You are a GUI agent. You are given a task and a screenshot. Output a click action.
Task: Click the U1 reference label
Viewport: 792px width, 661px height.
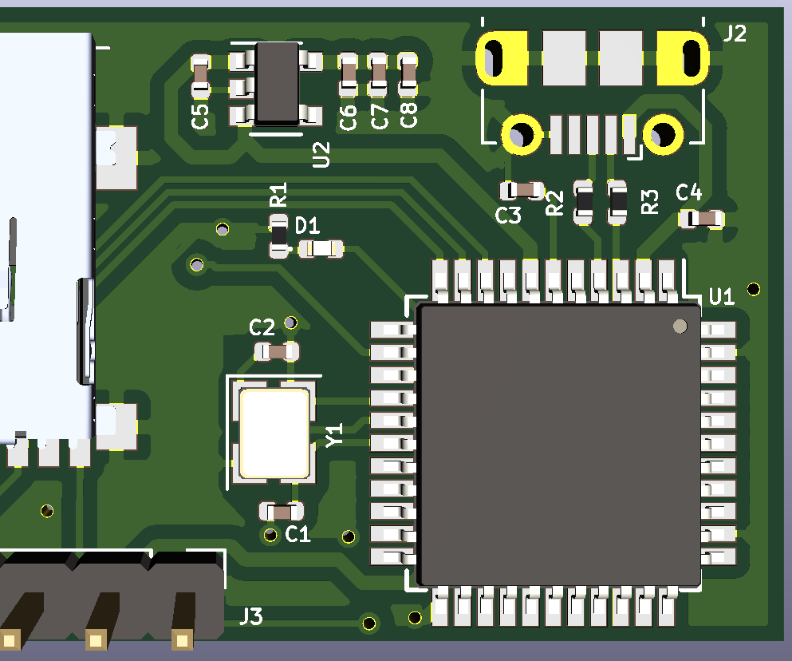click(721, 297)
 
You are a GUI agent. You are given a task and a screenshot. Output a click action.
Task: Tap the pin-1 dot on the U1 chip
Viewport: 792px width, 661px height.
click(680, 325)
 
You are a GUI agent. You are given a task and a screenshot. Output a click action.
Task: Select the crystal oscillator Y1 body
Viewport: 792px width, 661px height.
click(274, 432)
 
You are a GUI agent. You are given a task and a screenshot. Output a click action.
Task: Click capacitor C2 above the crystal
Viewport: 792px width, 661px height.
click(276, 350)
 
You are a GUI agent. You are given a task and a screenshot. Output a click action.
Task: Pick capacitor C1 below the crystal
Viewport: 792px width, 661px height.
click(282, 511)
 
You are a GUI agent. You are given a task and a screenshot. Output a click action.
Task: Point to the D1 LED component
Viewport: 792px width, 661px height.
click(321, 249)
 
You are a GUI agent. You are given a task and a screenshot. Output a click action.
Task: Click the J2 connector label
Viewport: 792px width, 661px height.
click(735, 34)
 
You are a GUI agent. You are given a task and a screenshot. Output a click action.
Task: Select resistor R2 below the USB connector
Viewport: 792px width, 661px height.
click(584, 203)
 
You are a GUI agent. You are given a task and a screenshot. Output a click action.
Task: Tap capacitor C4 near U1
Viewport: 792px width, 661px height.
click(701, 218)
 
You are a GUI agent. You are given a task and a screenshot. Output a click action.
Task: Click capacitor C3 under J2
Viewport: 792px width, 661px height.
click(522, 190)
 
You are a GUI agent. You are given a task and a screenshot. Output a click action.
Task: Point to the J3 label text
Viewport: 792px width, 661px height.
click(251, 616)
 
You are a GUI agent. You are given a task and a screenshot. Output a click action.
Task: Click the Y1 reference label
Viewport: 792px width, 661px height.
click(334, 435)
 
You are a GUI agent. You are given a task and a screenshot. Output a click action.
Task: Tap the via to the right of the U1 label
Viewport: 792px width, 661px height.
click(754, 289)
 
